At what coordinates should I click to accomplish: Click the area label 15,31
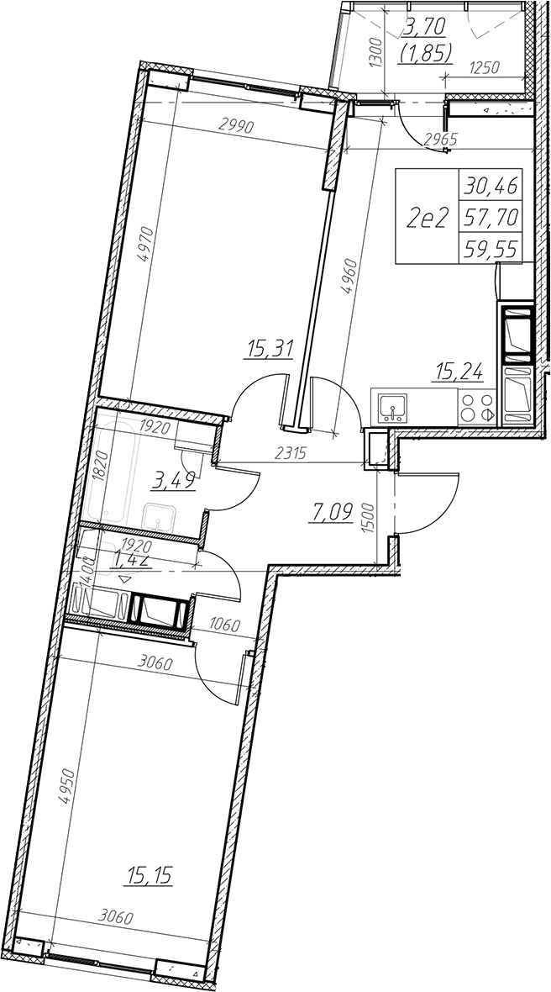tap(270, 348)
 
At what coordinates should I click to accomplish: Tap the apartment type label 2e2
tap(428, 219)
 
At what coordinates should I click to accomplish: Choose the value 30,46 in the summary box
tap(491, 185)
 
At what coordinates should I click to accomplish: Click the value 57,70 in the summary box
tap(491, 218)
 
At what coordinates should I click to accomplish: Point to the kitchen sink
tap(392, 408)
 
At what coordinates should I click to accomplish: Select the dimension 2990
tap(235, 126)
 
